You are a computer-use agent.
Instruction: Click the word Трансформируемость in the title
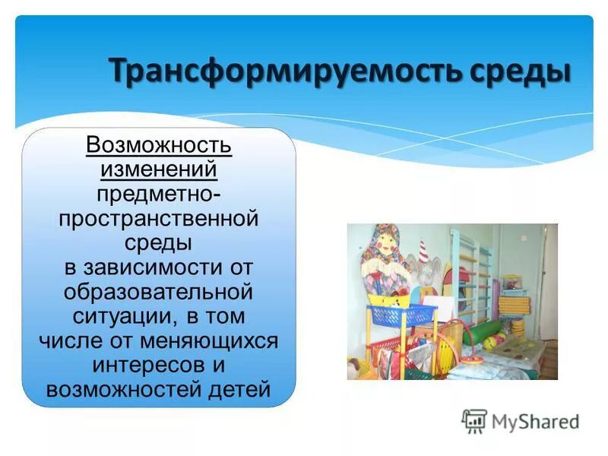click(x=281, y=72)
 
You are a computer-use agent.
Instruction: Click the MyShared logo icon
click(x=474, y=420)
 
